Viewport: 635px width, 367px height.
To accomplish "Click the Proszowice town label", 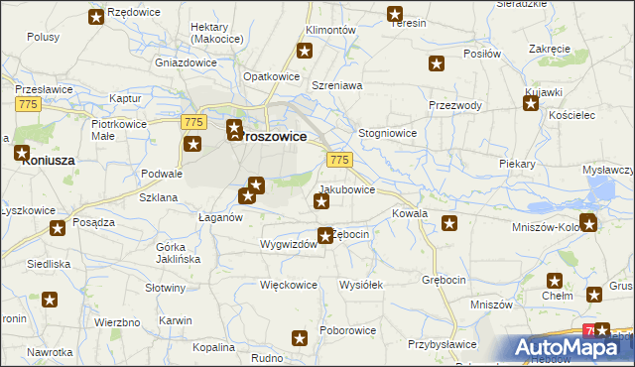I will [271, 137].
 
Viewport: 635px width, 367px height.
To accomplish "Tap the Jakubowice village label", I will [346, 188].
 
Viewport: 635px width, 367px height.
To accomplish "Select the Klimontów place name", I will [330, 31].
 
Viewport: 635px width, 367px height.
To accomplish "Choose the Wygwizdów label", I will [288, 244].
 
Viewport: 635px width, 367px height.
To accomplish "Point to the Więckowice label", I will [288, 285].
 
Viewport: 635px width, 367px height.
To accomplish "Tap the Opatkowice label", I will [272, 76].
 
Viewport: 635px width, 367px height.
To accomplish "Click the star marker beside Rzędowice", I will [96, 17].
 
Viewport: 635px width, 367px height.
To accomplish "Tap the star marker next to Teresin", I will [394, 15].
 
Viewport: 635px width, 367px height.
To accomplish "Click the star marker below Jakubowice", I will [321, 202].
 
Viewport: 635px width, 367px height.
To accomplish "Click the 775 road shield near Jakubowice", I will [339, 160].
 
